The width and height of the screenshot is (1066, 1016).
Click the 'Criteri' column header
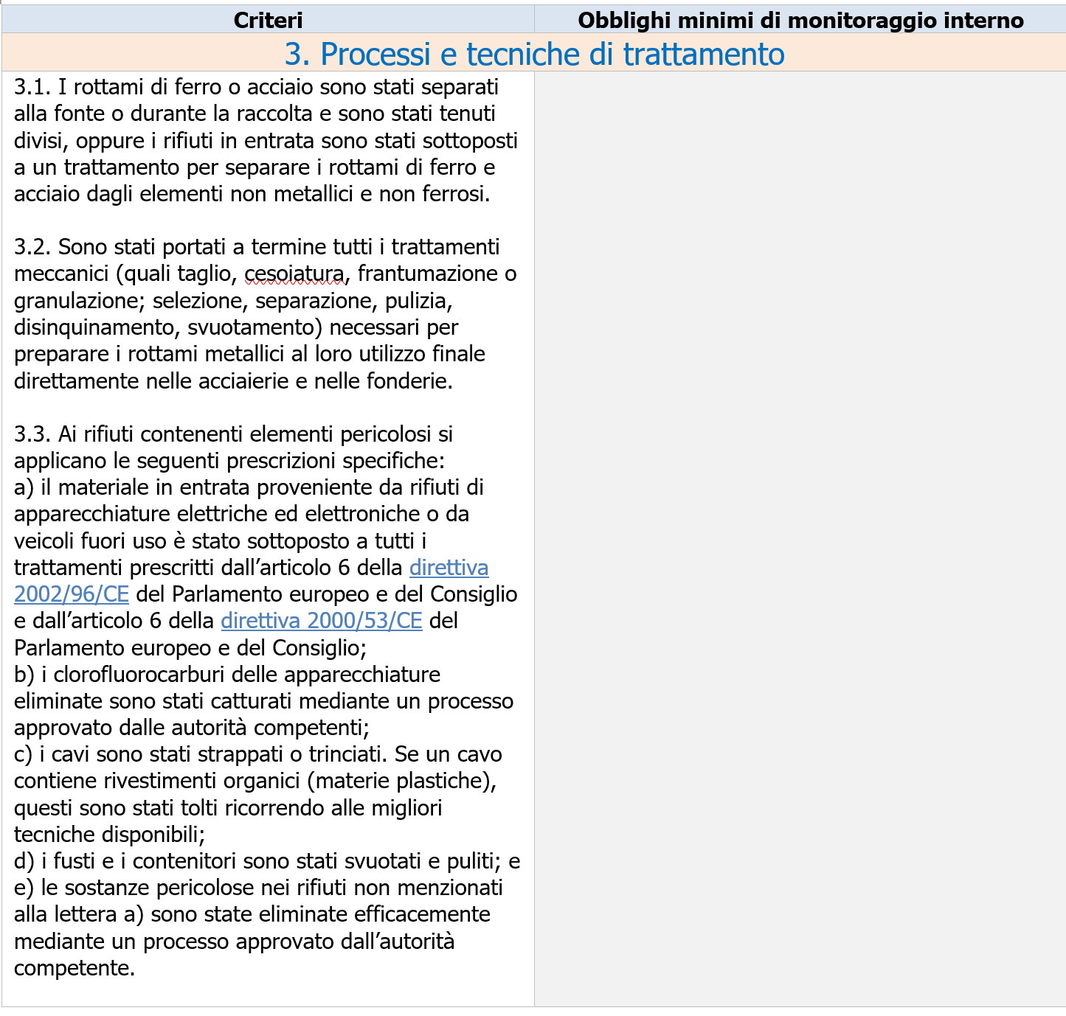coord(268,20)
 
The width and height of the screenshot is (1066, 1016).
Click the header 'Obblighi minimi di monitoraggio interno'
coord(800,20)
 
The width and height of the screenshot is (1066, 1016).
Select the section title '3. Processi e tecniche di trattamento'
coord(534,54)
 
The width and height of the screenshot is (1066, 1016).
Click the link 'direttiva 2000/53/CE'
coord(322,621)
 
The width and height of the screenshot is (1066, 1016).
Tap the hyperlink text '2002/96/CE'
coord(72,594)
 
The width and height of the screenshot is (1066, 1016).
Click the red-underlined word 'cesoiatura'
coord(294,274)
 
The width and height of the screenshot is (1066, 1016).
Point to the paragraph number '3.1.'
coord(32,87)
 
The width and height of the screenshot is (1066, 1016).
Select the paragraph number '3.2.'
coord(32,247)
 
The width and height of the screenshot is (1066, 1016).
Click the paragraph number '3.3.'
coord(32,434)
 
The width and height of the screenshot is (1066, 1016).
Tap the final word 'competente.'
coord(75,968)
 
